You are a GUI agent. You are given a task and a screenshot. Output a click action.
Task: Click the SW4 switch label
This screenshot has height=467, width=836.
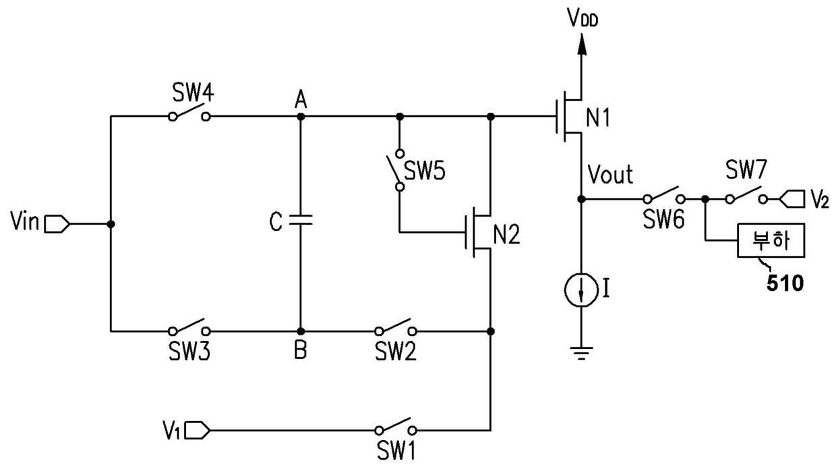coord(193,92)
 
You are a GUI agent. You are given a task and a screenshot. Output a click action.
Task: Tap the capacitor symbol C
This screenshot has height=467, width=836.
coord(301,221)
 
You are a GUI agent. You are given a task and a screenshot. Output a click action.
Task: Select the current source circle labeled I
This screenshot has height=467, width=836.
coord(581,290)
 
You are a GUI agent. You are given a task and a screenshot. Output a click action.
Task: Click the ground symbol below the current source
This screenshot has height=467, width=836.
coord(581,353)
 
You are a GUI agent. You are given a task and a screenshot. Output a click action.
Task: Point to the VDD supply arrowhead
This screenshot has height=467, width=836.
coord(581,45)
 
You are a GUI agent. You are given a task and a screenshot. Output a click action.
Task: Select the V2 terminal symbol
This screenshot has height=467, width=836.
coord(792,199)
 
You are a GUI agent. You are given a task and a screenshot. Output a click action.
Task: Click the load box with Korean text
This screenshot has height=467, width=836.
coord(771,240)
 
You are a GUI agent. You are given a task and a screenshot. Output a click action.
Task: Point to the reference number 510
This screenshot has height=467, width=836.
coord(785,284)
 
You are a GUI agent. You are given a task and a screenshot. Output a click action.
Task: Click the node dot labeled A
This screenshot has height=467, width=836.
coord(301,117)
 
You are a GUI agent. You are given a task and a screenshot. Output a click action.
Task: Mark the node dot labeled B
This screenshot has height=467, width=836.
coord(301,331)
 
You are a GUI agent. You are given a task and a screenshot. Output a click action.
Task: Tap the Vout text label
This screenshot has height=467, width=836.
coord(611,174)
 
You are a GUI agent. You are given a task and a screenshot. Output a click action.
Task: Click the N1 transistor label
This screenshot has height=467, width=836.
coord(598,118)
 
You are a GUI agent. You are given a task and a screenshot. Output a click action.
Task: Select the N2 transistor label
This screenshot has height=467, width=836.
coord(506,236)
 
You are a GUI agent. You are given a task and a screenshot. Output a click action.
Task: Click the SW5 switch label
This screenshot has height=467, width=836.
coord(425,172)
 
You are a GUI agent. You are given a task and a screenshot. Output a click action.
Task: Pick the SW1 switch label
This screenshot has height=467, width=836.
coord(396,451)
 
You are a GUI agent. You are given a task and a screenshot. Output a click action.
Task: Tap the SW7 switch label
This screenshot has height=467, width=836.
coord(746,170)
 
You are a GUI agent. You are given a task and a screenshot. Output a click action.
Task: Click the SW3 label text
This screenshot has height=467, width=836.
coord(189,351)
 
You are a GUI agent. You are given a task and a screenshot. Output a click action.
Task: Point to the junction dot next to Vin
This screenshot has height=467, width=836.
coord(111,224)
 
